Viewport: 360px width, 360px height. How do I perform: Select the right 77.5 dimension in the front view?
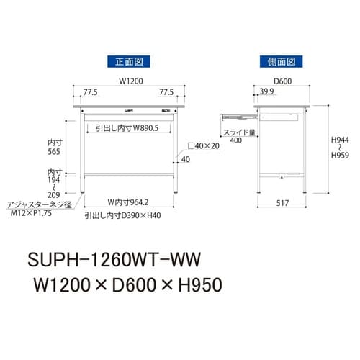coord(166,93)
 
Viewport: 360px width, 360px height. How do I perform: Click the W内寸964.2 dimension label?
coord(127,202)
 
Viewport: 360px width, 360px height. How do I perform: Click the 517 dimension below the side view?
coord(282,204)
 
